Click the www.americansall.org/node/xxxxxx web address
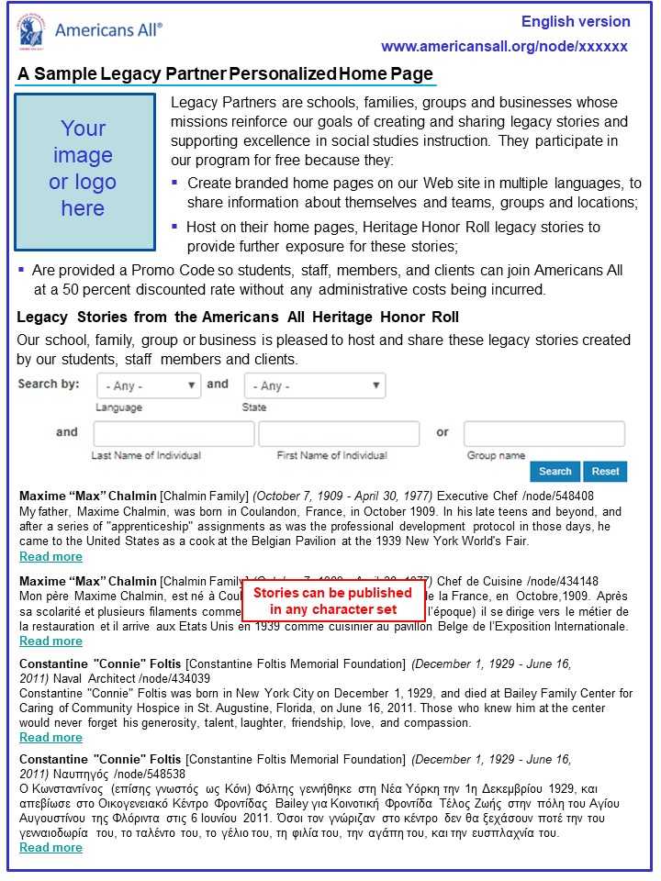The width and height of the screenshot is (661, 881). click(x=504, y=47)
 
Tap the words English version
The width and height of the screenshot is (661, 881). click(x=576, y=21)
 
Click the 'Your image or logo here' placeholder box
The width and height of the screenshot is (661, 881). click(x=84, y=171)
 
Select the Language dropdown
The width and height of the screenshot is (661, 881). click(x=148, y=386)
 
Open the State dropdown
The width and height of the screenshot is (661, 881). click(x=314, y=386)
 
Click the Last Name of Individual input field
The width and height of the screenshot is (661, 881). click(x=174, y=433)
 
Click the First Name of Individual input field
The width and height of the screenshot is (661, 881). click(x=338, y=433)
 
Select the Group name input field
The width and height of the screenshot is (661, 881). click(x=543, y=433)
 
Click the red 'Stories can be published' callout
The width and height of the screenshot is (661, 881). click(x=332, y=601)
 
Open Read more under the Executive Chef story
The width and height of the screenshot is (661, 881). click(x=50, y=557)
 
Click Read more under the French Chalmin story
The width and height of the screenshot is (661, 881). click(x=50, y=641)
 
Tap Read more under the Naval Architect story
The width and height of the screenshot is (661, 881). click(x=50, y=738)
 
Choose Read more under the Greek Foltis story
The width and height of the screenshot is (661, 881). click(x=50, y=848)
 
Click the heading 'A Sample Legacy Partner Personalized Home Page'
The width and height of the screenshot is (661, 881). click(x=225, y=74)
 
